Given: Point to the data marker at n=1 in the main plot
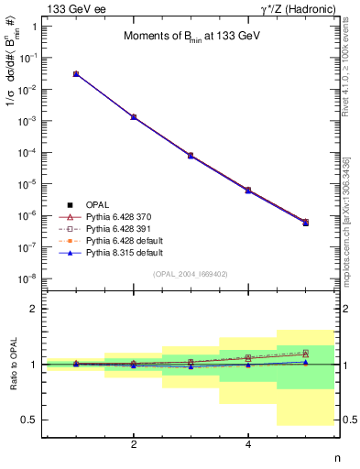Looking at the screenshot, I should click(x=76, y=73).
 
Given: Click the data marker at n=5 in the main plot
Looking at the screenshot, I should click(x=305, y=223).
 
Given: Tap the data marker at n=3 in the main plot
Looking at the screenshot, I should click(x=191, y=156).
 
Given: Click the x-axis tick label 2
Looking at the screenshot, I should click(x=134, y=444).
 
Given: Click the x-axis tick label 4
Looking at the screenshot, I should click(x=248, y=444).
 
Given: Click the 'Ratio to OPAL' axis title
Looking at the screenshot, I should click(x=12, y=364).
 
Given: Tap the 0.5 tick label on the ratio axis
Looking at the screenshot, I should click(x=30, y=420).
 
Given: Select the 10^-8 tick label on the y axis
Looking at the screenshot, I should click(x=27, y=278).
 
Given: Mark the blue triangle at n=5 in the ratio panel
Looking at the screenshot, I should click(x=305, y=362).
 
